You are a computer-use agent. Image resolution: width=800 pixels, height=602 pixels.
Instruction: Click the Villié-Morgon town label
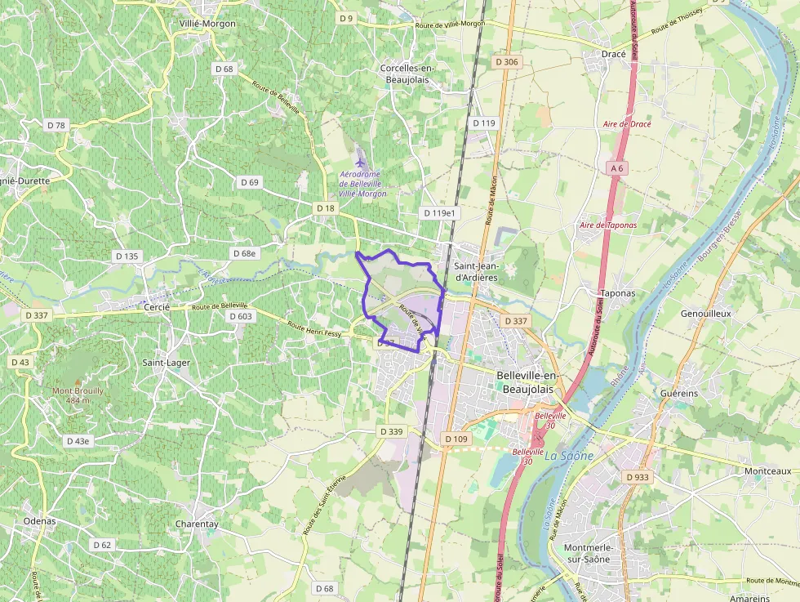(207, 24)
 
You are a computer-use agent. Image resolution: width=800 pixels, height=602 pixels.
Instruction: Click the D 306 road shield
(506, 62)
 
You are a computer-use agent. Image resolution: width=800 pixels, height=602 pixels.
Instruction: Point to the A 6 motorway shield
(616, 168)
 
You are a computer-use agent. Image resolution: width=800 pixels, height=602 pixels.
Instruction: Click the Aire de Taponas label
(608, 225)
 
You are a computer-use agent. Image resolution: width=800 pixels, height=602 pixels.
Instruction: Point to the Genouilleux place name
(705, 313)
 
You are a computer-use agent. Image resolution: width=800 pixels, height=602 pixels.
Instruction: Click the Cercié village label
(156, 307)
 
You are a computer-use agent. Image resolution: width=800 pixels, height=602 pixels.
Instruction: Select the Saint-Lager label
(166, 362)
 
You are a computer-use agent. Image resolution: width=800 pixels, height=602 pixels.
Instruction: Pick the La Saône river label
(568, 456)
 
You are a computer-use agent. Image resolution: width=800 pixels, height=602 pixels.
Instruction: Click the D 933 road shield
(637, 476)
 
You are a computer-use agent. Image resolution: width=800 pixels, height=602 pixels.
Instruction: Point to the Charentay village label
(197, 524)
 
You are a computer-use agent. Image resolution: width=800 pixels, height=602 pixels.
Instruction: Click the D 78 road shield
(56, 125)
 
